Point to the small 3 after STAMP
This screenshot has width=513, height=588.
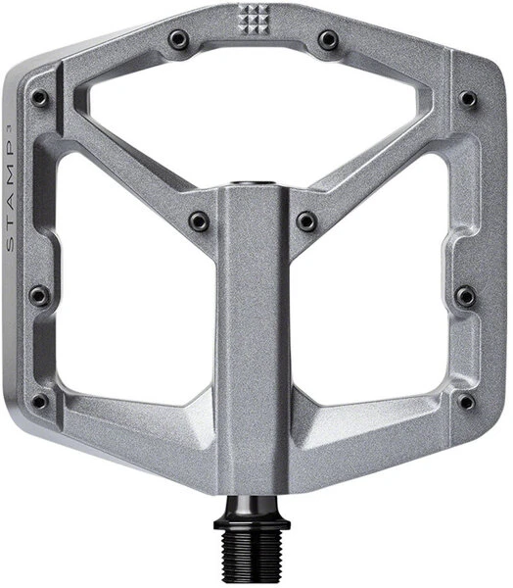[11, 127]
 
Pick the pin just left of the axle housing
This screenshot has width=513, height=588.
[199, 221]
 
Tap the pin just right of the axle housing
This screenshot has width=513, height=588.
[306, 221]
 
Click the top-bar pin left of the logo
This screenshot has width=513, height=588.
[178, 40]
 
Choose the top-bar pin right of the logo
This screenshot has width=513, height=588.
[328, 40]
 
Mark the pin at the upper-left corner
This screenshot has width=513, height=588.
[39, 98]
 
